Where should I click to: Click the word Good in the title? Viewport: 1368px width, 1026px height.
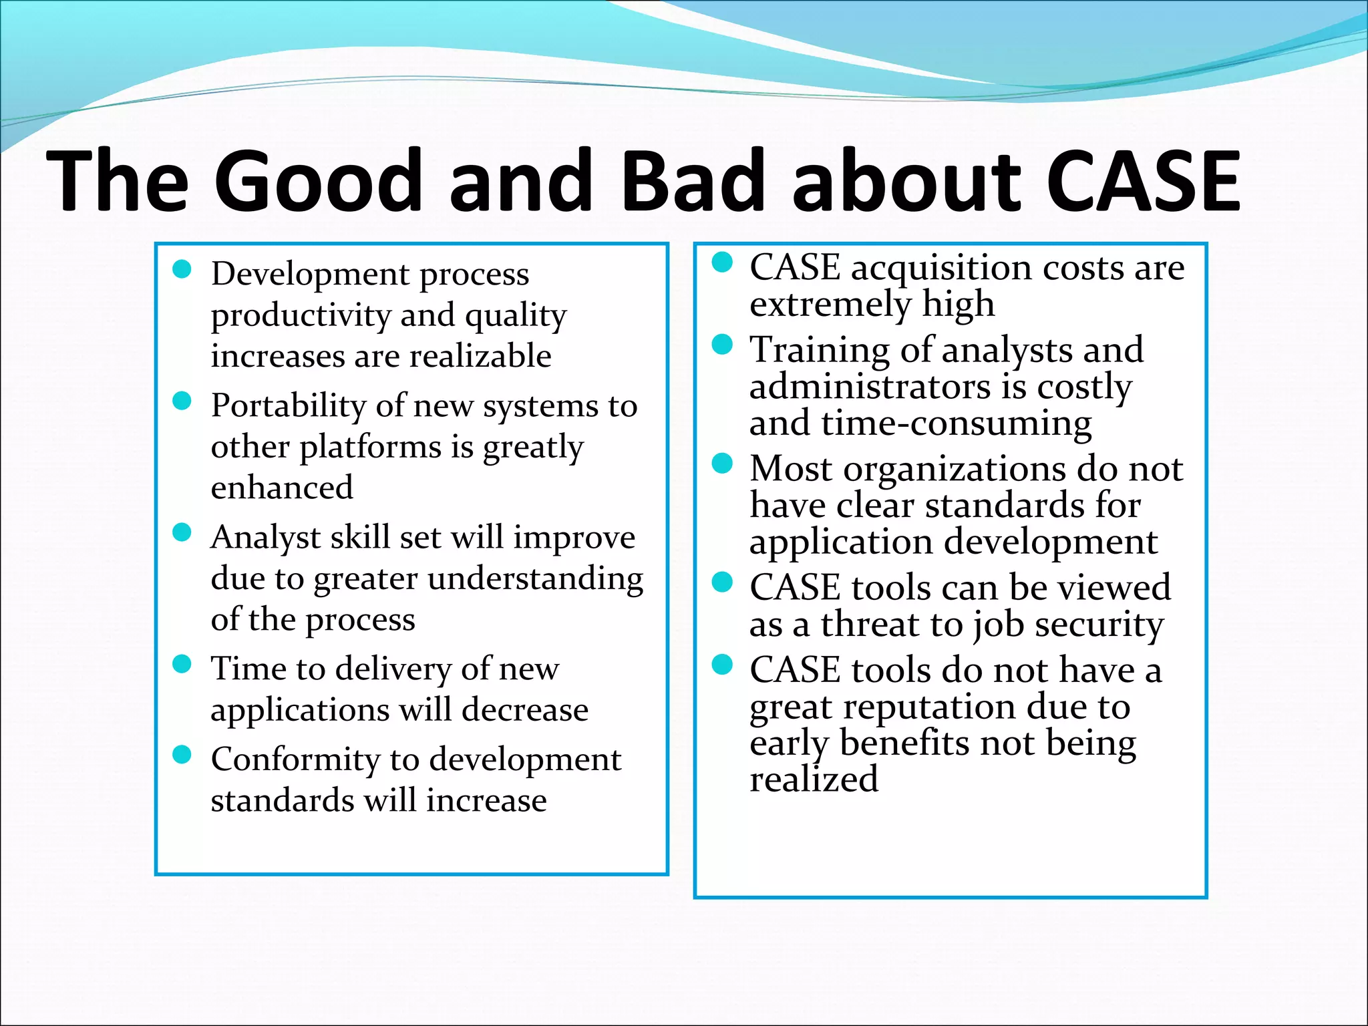(x=319, y=181)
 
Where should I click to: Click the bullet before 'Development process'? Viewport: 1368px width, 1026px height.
(x=182, y=269)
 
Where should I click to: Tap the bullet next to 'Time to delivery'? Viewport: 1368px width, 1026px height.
(x=182, y=664)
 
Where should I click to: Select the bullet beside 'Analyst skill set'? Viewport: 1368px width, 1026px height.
(x=182, y=532)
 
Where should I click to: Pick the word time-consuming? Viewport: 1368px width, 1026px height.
(x=957, y=423)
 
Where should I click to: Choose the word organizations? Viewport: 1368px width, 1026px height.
(x=955, y=469)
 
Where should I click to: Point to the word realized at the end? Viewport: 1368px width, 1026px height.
(x=814, y=780)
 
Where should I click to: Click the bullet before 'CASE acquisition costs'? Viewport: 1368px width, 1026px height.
(x=722, y=263)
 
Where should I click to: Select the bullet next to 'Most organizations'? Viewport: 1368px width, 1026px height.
(x=722, y=464)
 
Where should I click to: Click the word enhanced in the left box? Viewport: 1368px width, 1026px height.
(x=282, y=487)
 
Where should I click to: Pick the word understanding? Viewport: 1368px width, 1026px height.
(x=536, y=578)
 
